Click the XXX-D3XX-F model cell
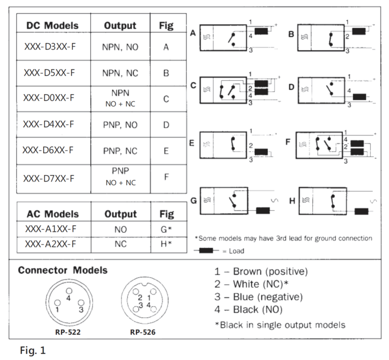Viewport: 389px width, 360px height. (49, 47)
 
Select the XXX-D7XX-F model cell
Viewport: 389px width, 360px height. (49, 178)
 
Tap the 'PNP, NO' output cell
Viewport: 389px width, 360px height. (120, 125)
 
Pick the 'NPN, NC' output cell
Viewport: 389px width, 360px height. (120, 73)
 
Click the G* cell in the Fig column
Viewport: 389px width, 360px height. (166, 229)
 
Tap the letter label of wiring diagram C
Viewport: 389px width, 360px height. (193, 86)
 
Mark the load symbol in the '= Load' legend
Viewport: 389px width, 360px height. (207, 250)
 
